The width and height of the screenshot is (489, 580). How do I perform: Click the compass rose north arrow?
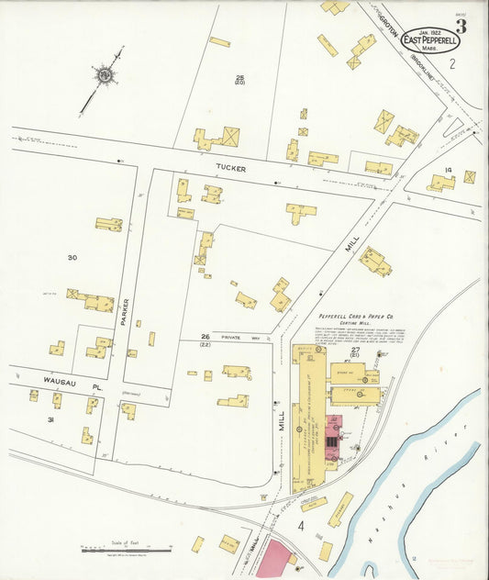[106, 72]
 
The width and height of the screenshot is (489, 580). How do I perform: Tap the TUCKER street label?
[230, 167]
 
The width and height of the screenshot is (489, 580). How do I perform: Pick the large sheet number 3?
[461, 26]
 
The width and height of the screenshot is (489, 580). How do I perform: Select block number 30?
[72, 258]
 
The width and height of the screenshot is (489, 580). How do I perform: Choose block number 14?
[448, 171]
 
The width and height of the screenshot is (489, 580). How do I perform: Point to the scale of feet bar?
[126, 550]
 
